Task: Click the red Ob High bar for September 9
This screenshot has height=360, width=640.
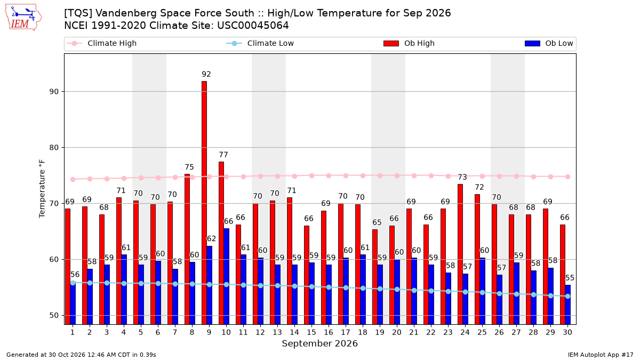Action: pos(204,203)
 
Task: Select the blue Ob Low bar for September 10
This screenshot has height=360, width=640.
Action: pos(226,276)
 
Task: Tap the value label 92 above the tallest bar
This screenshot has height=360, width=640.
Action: pos(206,74)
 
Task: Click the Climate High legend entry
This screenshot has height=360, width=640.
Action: pos(102,43)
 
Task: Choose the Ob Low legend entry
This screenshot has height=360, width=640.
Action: pos(549,43)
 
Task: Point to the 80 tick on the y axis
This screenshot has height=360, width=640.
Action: pos(54,147)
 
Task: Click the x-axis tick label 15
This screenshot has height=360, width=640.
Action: pos(311,332)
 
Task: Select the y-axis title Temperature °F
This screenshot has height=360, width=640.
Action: pos(42,189)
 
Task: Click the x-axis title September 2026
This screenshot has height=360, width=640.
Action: pos(319,343)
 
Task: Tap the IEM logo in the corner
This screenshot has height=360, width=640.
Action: pos(23,18)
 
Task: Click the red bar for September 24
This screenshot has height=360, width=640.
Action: pos(460,254)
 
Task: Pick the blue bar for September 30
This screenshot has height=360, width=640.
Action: pos(567,305)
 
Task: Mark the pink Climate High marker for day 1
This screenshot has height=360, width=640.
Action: pos(73,179)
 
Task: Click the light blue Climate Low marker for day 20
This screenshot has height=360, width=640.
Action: pos(397,290)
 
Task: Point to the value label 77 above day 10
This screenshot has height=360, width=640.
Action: pos(223,155)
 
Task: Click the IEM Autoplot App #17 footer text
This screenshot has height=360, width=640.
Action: pos(601,355)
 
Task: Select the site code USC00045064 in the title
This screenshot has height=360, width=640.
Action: pos(253,26)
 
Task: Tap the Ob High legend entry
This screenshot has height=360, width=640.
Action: pos(409,43)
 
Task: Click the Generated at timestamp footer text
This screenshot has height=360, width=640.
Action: pos(81,355)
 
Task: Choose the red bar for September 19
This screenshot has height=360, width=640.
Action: pos(375,277)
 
